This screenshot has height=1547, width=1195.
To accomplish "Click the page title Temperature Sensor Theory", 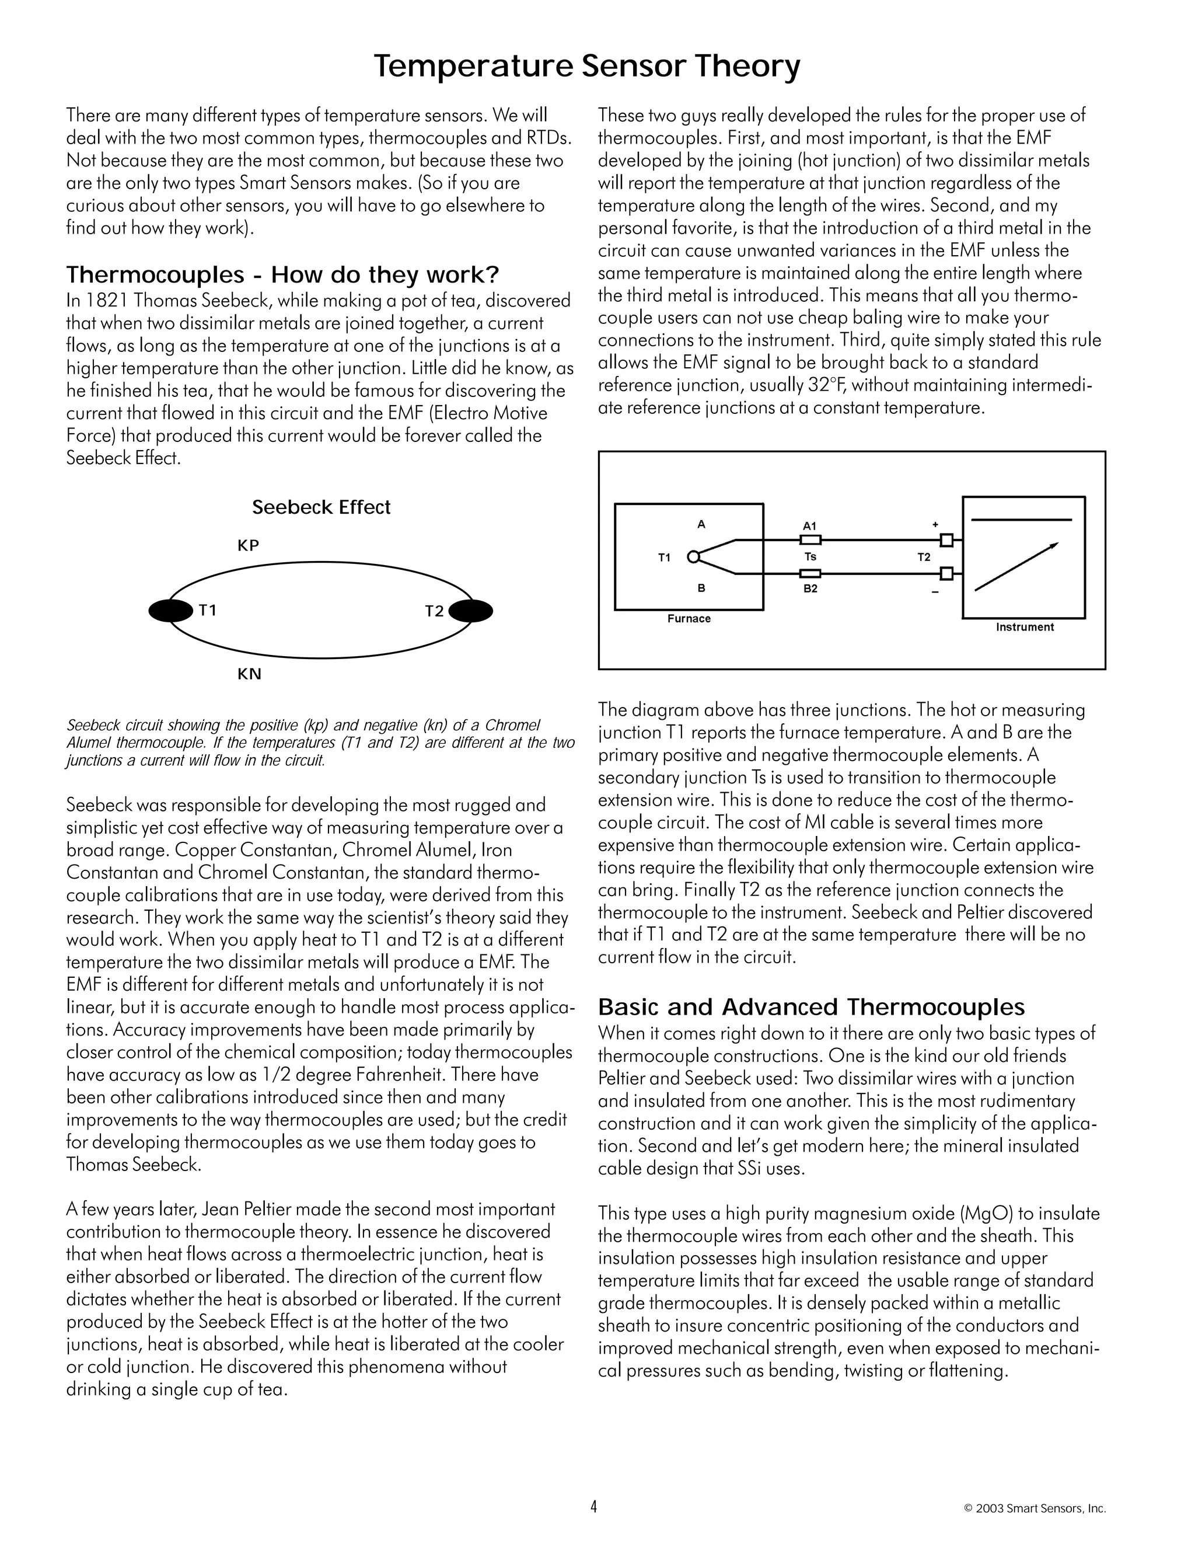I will pos(587,67).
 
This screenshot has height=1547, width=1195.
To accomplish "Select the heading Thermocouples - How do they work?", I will pos(282,274).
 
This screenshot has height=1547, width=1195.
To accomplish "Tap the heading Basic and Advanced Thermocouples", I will pos(811,1006).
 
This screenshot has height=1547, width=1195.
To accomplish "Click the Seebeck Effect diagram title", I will pos(321,507).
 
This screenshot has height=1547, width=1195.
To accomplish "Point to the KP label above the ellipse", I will pos(249,545).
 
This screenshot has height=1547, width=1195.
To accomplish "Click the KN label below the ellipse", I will pos(249,674).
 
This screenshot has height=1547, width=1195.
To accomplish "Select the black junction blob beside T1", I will pos(170,611).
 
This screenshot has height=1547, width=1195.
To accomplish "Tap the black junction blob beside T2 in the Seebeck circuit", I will pos(471,611).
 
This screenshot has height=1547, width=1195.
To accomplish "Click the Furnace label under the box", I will pos(689,618).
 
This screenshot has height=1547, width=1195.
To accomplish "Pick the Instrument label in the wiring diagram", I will pos(1025,627).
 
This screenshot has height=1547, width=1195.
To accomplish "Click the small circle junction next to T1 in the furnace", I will pos(693,557).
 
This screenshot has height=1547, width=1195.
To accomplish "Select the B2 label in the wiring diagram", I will pos(810,588).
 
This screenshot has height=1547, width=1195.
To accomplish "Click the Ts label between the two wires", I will pos(810,557).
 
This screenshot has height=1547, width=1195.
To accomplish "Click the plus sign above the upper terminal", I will pos(935,525).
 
